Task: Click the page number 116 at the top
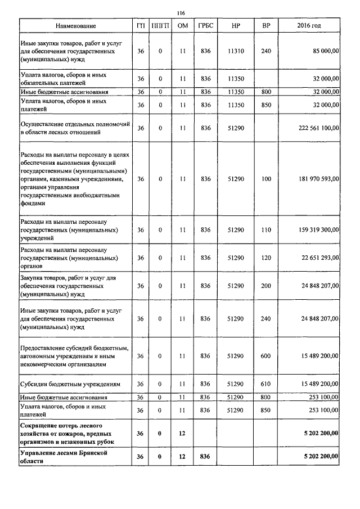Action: point(181,13)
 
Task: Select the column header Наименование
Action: point(75,26)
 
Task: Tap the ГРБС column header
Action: point(205,26)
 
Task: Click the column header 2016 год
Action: point(309,26)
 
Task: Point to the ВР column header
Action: point(266,26)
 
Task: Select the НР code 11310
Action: point(236,51)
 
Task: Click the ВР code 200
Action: point(266,286)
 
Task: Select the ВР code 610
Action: point(266,384)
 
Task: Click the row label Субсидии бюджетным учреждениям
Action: point(71,384)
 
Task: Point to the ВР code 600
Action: point(266,356)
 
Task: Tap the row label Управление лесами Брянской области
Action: point(63,456)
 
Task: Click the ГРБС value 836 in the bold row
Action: point(205,456)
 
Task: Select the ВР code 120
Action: point(266,258)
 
